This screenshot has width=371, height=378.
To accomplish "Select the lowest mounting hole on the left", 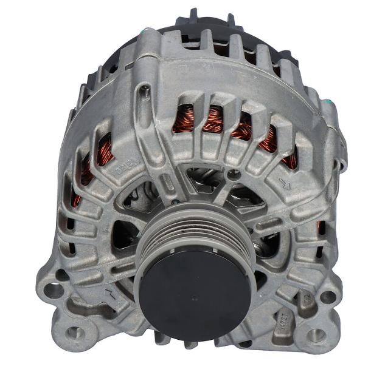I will click(74, 332).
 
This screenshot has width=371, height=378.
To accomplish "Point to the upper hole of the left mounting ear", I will click(54, 290).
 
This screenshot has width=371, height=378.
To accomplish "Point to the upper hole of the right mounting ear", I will click(328, 297).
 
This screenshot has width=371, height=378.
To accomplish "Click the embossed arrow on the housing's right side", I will click(283, 181).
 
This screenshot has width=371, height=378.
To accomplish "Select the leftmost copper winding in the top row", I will click(182, 118).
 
